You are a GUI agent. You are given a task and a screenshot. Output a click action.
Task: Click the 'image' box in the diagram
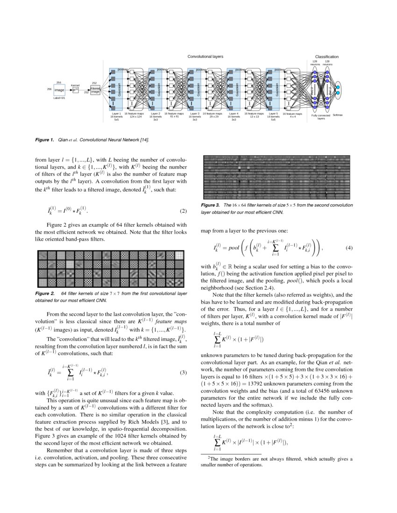click(59, 90)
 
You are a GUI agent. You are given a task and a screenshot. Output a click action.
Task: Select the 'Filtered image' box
click(95, 90)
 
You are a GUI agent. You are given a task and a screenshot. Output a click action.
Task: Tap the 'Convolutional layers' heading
click(205, 56)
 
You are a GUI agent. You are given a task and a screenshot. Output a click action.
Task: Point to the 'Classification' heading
click(326, 57)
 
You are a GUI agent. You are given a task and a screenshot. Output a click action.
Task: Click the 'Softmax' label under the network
click(337, 114)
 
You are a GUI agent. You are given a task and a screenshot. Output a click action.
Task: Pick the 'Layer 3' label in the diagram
click(195, 113)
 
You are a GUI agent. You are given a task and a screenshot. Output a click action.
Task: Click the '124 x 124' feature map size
click(135, 116)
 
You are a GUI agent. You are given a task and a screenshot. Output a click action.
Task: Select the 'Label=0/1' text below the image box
click(59, 98)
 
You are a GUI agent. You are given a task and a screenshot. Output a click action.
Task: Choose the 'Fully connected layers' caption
click(321, 117)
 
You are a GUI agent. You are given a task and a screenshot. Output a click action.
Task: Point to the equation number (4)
click(349, 248)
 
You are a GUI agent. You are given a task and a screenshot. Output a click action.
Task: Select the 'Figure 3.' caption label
click(210, 205)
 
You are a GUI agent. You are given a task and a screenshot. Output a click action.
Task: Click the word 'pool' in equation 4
click(233, 249)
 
